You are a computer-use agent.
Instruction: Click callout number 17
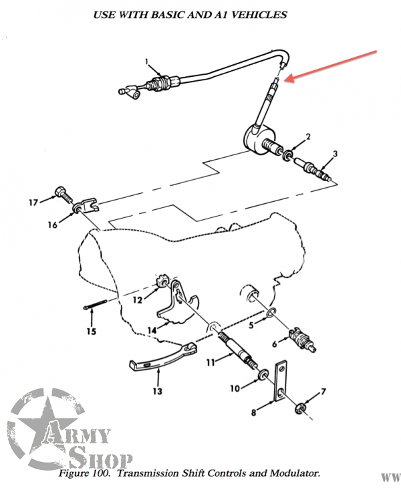[33, 203]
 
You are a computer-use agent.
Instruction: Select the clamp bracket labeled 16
[86, 206]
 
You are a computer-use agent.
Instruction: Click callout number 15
[91, 332]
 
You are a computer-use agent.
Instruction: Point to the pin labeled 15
[95, 304]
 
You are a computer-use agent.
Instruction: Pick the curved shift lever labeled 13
[162, 357]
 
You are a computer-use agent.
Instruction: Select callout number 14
[152, 330]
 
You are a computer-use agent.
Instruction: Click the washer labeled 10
[263, 374]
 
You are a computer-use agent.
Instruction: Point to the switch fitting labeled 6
[302, 340]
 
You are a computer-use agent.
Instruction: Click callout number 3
[335, 154]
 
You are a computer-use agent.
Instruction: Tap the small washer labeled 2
[287, 155]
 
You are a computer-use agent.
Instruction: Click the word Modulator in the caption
[294, 473]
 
